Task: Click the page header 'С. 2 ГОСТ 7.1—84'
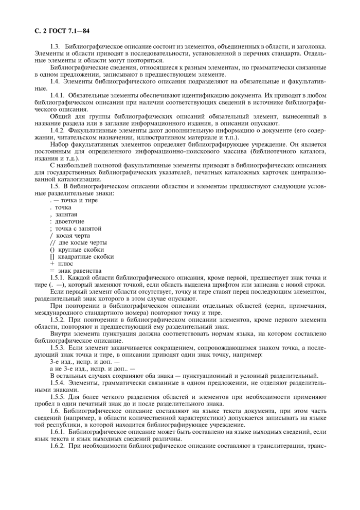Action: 61,32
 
